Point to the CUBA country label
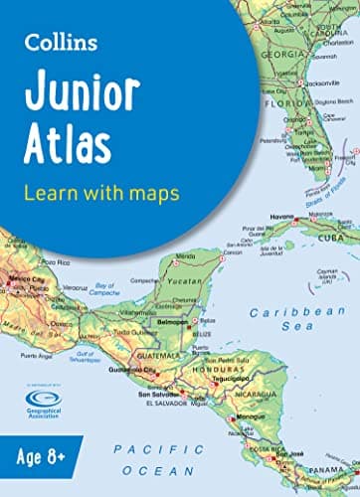click(x=339, y=239)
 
